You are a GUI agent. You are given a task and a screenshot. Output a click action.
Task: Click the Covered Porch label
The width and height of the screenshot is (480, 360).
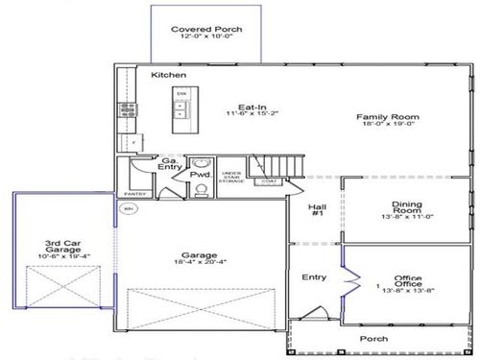206,30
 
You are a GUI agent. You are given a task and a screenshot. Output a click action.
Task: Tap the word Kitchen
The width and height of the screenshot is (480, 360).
168,75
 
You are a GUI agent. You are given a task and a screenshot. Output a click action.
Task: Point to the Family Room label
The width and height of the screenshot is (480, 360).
382,117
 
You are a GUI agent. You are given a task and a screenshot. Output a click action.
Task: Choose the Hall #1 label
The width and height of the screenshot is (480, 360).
316,212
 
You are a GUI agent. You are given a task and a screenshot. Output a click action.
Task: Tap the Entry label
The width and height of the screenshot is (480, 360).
314,277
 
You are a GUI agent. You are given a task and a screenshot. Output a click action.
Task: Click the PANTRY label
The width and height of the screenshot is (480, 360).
134,193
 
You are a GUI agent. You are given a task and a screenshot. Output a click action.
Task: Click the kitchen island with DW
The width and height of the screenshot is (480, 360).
180,108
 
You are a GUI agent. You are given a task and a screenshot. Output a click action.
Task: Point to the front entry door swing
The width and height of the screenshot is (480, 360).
312,313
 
